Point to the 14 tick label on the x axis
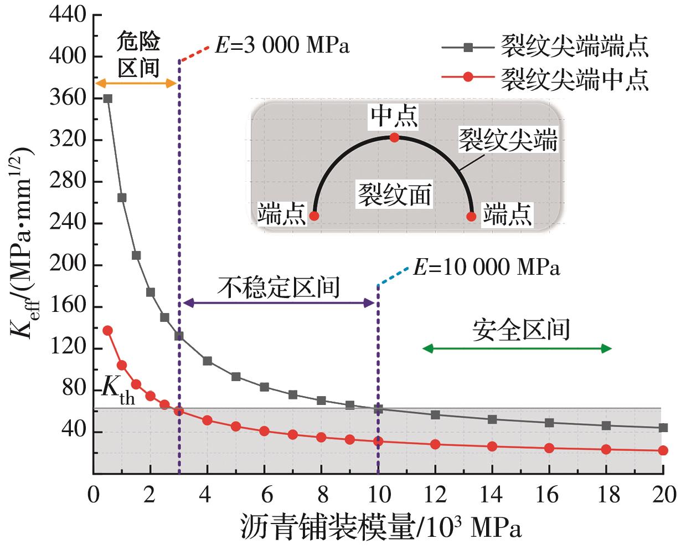point(492,494)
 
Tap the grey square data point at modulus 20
point(663,428)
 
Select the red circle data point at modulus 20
point(663,450)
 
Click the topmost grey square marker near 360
point(108,99)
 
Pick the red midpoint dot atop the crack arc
point(394,137)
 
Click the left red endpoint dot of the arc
point(314,216)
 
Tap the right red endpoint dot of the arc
point(472,216)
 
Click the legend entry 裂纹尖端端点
point(574,47)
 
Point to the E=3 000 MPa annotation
point(282,45)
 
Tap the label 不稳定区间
point(282,288)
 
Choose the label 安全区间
point(521,330)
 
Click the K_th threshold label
point(117,389)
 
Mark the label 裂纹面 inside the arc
point(394,195)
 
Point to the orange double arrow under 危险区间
point(136,83)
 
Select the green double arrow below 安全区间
point(517,348)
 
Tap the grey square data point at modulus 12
point(435,415)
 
